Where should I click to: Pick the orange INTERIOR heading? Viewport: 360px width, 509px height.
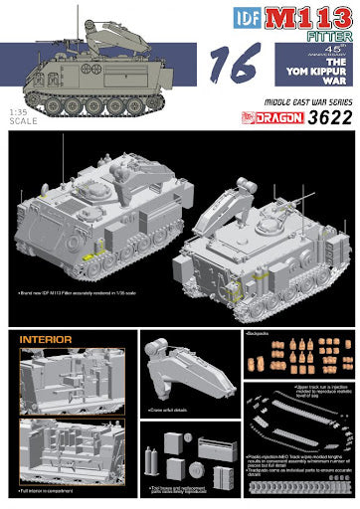point(45,340)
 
